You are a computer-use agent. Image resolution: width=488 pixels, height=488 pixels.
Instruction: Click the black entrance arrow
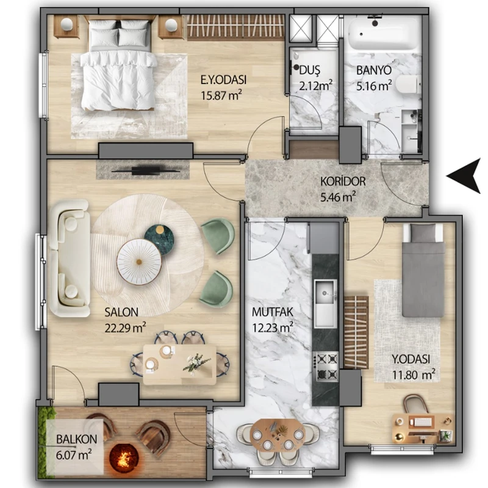click(465, 176)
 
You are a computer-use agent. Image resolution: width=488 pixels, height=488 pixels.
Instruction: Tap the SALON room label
click(121, 312)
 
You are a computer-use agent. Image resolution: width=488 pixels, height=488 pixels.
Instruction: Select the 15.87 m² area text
click(221, 95)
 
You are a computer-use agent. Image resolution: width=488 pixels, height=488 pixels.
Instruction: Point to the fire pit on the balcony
click(124, 456)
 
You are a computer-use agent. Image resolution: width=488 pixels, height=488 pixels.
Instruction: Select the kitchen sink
click(325, 303)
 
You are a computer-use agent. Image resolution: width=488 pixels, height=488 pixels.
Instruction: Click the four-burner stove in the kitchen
click(325, 366)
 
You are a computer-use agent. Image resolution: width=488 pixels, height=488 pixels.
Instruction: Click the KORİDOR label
click(343, 181)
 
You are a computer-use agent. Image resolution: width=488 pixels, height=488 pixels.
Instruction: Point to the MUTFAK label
click(273, 312)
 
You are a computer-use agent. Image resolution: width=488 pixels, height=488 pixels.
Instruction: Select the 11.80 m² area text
click(414, 375)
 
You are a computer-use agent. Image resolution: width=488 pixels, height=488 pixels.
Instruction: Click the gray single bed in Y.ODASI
click(423, 270)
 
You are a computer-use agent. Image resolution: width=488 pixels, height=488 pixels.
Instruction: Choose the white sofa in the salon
click(70, 258)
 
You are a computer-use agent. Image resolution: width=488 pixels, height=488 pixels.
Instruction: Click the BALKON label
click(77, 439)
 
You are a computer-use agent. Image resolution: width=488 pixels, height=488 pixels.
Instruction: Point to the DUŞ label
click(310, 71)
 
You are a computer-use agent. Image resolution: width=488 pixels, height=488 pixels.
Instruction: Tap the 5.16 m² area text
click(374, 85)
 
